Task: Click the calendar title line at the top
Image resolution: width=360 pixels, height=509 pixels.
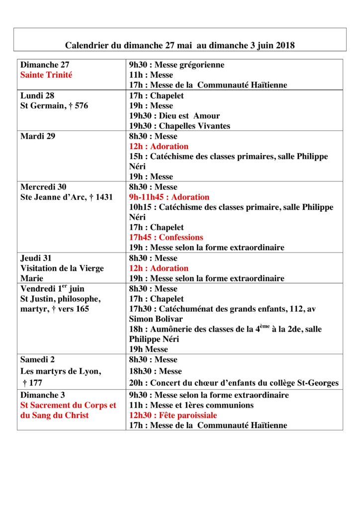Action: [180, 45]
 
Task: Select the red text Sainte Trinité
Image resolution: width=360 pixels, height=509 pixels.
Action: [46, 75]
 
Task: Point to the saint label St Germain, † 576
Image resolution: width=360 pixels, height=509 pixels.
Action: [54, 105]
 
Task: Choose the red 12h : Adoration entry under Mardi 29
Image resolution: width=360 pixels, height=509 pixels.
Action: [159, 146]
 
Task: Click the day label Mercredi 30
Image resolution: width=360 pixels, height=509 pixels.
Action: [43, 187]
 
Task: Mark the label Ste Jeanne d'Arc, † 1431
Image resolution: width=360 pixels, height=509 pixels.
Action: [67, 197]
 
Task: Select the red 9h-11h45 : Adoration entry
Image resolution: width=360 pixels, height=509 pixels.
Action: [169, 197]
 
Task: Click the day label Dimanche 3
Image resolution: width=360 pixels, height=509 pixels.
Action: [43, 395]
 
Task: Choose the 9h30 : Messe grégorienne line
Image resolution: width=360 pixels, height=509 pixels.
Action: [177, 65]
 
